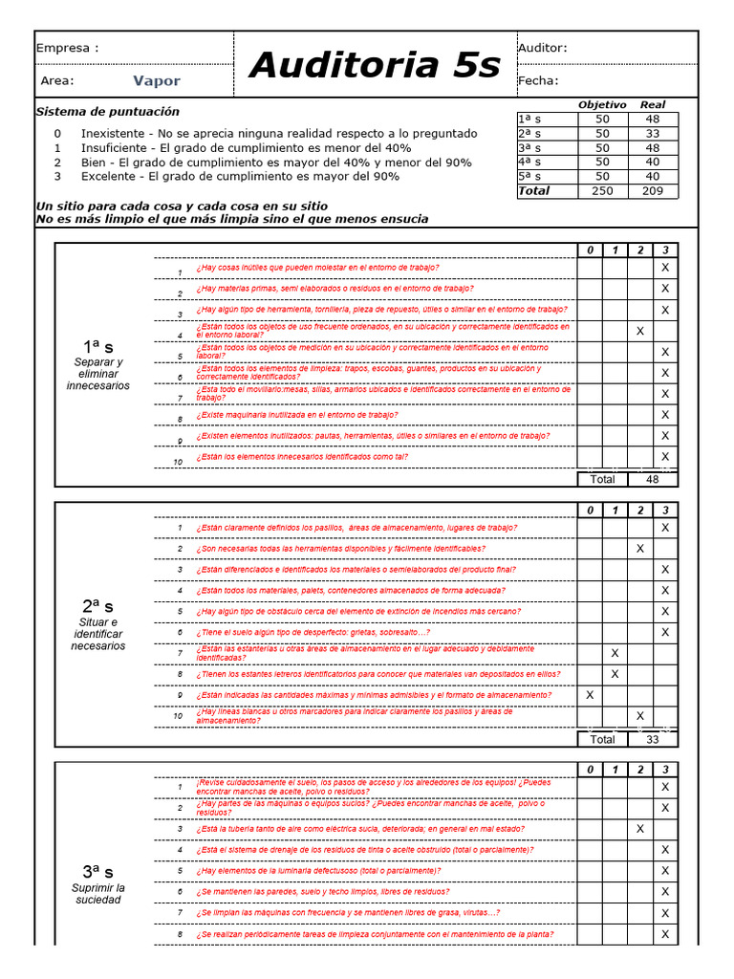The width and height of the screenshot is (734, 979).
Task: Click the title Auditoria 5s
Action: click(x=374, y=65)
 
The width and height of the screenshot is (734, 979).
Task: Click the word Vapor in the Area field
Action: click(x=157, y=81)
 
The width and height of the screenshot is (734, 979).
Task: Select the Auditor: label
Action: click(x=542, y=48)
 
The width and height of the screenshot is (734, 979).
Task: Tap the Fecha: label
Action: click(x=538, y=81)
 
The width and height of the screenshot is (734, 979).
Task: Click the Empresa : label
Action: click(x=67, y=48)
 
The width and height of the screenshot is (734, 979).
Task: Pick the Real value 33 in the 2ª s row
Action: click(x=653, y=134)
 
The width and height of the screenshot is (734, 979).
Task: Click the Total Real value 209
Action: click(x=653, y=191)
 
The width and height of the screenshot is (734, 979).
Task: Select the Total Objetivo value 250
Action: click(x=602, y=191)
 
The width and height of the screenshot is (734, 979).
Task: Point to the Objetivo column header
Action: click(x=602, y=104)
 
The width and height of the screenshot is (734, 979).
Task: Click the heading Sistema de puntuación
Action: click(x=107, y=112)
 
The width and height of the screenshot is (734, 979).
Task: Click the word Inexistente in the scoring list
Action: click(x=116, y=133)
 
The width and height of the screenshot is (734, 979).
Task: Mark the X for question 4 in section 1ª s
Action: click(x=640, y=331)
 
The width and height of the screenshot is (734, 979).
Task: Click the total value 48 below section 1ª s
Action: click(x=653, y=479)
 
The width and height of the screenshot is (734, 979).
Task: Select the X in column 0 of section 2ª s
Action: click(x=590, y=695)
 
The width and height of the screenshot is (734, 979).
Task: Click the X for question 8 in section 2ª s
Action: click(x=615, y=674)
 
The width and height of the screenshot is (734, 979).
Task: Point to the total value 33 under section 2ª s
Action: click(x=653, y=739)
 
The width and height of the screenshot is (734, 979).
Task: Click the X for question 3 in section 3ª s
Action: click(x=640, y=829)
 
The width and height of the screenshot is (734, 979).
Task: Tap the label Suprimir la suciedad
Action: click(x=98, y=894)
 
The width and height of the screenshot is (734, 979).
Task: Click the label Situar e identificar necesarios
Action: click(x=98, y=634)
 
